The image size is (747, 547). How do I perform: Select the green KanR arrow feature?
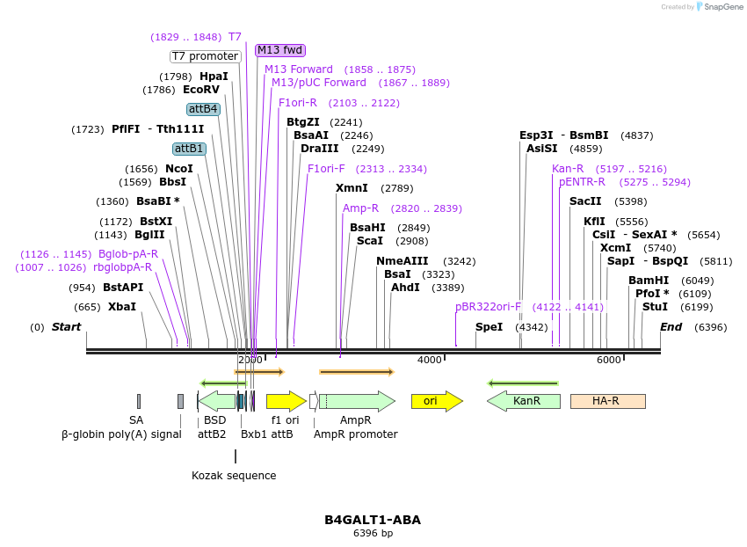click(525, 401)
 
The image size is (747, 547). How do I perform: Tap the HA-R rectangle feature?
click(607, 401)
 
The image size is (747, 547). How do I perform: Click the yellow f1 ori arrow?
click(286, 401)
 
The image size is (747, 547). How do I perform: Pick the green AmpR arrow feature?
click(356, 401)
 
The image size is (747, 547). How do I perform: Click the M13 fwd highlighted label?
click(280, 50)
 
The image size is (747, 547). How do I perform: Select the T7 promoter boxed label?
click(205, 56)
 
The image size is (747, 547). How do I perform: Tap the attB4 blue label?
click(203, 109)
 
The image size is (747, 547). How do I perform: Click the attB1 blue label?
click(189, 149)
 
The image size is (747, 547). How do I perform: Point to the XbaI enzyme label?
click(122, 307)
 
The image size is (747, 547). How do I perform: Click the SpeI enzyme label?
click(489, 327)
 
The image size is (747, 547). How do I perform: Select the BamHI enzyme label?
click(647, 281)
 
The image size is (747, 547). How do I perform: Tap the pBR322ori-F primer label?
click(488, 307)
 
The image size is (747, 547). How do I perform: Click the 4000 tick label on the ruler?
click(429, 361)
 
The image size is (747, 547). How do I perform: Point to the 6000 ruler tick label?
click(608, 361)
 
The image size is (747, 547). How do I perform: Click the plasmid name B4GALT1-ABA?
click(373, 520)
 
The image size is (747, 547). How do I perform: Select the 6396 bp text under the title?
click(373, 534)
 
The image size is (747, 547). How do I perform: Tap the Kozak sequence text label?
click(234, 476)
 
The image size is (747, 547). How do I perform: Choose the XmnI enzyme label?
click(352, 188)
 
